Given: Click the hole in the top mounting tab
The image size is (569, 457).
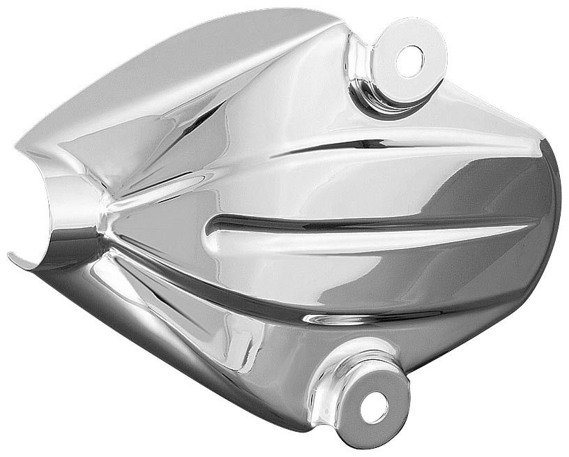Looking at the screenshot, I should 409,61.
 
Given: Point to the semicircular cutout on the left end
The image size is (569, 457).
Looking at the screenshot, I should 59,216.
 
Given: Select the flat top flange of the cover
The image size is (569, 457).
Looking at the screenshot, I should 209,49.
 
